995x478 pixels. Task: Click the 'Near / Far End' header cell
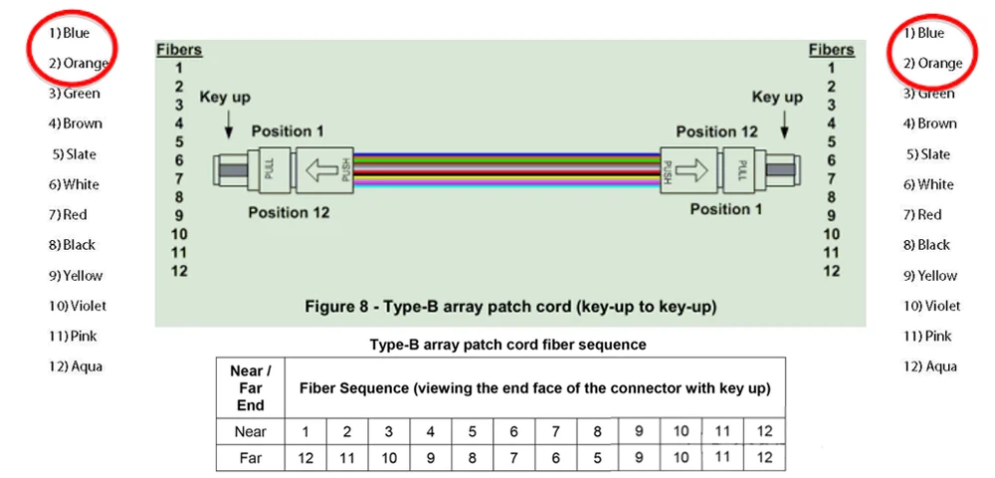pyautogui.click(x=250, y=387)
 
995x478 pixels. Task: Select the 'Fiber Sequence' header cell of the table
pyautogui.click(x=534, y=386)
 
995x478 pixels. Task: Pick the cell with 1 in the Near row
pyautogui.click(x=304, y=431)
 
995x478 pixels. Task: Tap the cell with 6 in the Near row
pyautogui.click(x=513, y=431)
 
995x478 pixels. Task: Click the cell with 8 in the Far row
pyautogui.click(x=472, y=458)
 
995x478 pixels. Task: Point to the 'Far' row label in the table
pyautogui.click(x=250, y=458)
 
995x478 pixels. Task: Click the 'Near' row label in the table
pyautogui.click(x=250, y=431)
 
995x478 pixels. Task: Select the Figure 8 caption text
pyautogui.click(x=509, y=306)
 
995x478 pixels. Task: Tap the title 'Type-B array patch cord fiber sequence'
pyautogui.click(x=507, y=345)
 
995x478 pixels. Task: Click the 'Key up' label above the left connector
pyautogui.click(x=225, y=98)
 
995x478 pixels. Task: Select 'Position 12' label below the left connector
pyautogui.click(x=288, y=212)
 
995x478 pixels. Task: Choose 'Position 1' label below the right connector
pyautogui.click(x=726, y=209)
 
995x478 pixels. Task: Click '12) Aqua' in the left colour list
pyautogui.click(x=76, y=366)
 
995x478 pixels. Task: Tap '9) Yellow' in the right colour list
pyautogui.click(x=930, y=276)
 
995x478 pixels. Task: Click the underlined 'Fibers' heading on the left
pyautogui.click(x=179, y=50)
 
